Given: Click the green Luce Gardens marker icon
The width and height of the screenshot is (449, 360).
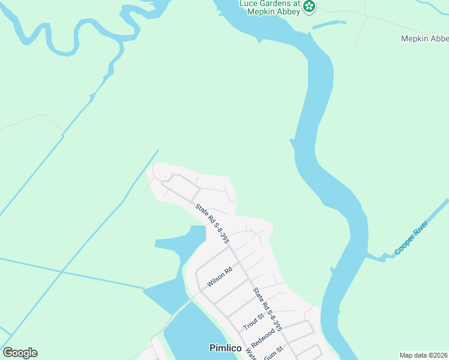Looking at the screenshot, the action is tap(310, 7).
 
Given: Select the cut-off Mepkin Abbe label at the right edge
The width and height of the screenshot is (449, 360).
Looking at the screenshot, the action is tap(424, 38).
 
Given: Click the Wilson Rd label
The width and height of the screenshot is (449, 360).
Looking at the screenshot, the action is tap(219, 277).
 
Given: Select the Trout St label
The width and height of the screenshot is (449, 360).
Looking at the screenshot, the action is tap(253, 321).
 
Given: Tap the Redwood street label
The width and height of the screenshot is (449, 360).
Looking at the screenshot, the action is tap(263, 337).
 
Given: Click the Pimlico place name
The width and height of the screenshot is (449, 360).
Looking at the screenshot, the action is tap(225, 348).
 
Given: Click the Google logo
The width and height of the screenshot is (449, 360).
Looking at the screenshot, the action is tap(20, 353).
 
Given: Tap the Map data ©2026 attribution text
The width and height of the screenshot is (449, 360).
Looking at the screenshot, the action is tap(423, 355).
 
